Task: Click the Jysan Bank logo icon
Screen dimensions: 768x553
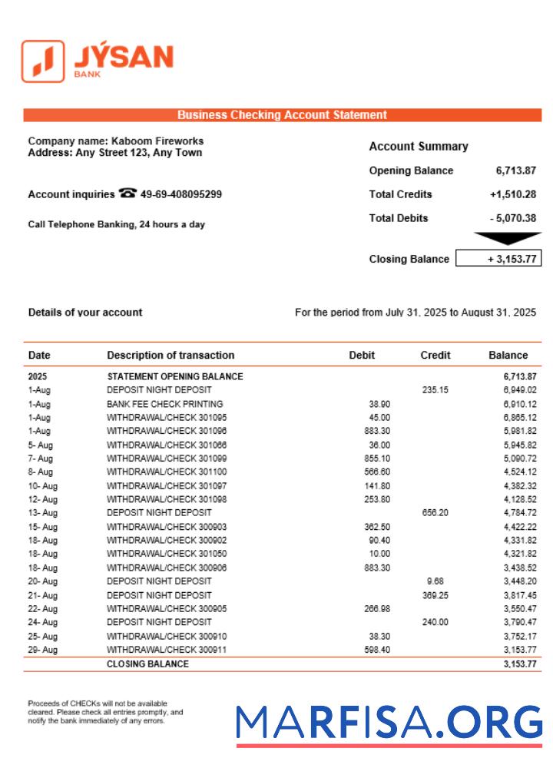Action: tap(43, 61)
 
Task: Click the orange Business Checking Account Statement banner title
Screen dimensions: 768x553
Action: tap(282, 115)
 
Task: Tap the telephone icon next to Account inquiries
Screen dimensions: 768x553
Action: tap(127, 194)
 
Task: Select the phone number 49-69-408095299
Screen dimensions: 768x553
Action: tap(181, 194)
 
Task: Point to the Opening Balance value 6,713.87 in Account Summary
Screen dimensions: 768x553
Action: tap(515, 170)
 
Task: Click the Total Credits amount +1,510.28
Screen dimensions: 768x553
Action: tap(512, 194)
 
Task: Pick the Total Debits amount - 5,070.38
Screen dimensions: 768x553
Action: tap(512, 218)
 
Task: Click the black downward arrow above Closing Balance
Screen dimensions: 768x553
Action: tap(507, 239)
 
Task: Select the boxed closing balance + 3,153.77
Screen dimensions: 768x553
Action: tap(498, 259)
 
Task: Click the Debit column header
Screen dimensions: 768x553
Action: tap(362, 355)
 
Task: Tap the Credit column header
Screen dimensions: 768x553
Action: tap(435, 355)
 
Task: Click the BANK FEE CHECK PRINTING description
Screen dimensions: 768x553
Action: tap(164, 404)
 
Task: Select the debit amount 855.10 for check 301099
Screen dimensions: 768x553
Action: tap(377, 458)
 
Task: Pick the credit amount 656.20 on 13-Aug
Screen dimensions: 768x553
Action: tap(435, 512)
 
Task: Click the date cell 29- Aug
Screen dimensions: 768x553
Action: tap(43, 650)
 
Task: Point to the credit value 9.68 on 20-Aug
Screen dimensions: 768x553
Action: tap(435, 581)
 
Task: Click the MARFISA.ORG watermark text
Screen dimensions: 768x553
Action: tap(389, 723)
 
